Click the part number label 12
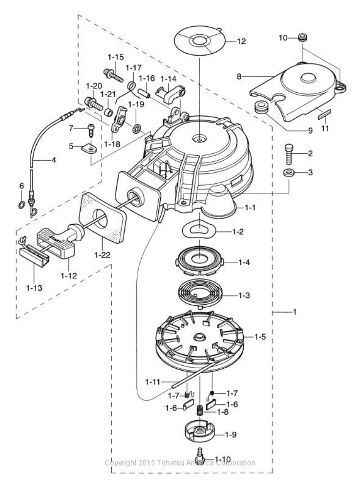point(241,41)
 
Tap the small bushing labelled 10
point(302,38)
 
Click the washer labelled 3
point(289,172)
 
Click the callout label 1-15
point(116,57)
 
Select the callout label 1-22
point(103,255)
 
